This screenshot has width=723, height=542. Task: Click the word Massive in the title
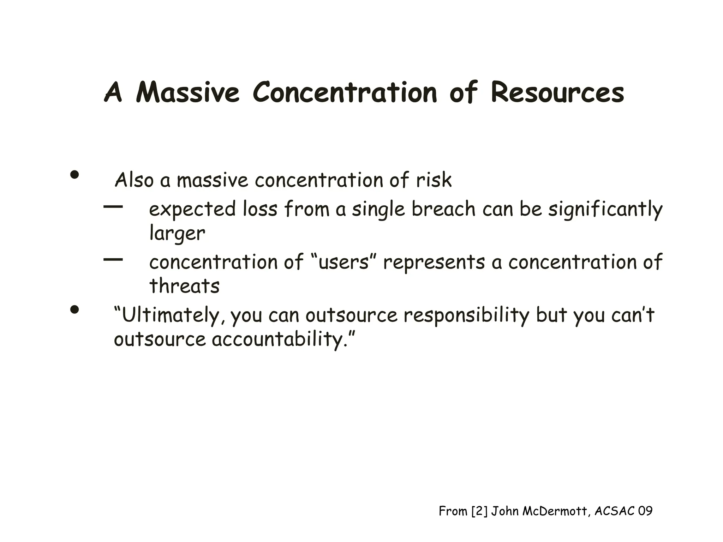point(187,92)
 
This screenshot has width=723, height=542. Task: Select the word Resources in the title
point(557,92)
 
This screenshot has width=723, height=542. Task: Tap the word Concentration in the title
point(345,92)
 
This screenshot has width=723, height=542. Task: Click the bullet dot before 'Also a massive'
point(74,175)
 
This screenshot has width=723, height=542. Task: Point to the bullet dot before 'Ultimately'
point(74,310)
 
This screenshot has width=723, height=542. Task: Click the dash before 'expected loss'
point(113,206)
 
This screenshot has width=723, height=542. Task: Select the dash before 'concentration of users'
point(113,260)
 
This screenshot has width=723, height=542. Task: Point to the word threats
point(184,286)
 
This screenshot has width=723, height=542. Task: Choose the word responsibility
point(466,315)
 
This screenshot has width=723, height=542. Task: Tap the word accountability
point(277,339)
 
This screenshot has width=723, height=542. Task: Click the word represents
point(434,263)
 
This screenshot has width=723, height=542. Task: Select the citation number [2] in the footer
point(479,511)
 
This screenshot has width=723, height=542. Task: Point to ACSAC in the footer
point(614,511)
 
